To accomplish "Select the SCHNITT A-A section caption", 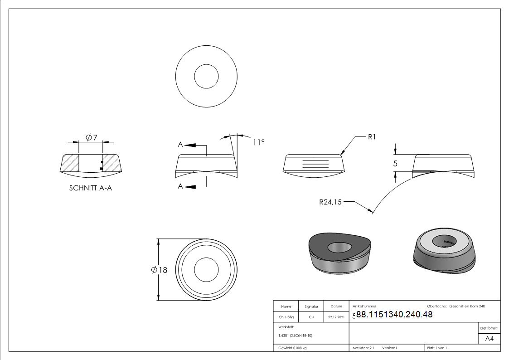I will [x=91, y=188].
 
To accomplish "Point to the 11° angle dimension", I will [x=258, y=142].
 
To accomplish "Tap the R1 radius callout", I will [x=372, y=136].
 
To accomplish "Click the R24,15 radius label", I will [x=330, y=203].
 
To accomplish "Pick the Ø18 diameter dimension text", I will [x=160, y=270].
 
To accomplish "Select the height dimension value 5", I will [x=395, y=164].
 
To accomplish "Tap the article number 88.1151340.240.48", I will [x=394, y=315].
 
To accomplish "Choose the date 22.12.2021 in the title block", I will [x=336, y=317].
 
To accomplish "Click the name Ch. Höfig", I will [x=286, y=317].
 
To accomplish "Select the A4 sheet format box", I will [x=490, y=339].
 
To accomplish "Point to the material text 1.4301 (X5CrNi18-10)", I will [x=296, y=336].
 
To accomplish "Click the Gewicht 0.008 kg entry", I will [x=292, y=348].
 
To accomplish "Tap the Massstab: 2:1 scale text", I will [x=363, y=348].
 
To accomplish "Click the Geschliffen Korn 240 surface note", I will [x=467, y=306].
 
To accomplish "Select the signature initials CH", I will [x=311, y=317].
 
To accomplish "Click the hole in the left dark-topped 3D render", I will [x=340, y=247].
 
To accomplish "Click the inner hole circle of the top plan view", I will [x=207, y=76].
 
